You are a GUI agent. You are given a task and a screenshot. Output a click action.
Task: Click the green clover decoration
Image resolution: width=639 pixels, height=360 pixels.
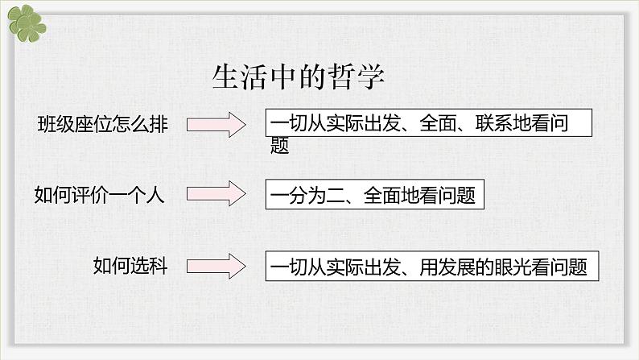click(27, 23)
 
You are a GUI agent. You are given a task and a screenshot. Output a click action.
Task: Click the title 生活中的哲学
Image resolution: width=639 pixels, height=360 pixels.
click(298, 77)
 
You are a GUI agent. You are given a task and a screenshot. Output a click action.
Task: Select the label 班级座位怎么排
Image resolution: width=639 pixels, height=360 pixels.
click(102, 124)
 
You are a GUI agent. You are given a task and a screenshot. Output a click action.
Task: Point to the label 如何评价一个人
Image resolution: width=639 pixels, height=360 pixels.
click(100, 194)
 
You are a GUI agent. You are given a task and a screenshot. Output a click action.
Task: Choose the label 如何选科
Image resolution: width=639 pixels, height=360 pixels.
click(130, 266)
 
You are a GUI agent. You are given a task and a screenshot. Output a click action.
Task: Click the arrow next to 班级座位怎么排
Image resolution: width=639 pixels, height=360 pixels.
click(216, 124)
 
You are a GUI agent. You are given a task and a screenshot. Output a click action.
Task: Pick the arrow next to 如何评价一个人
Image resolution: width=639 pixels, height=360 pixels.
click(216, 193)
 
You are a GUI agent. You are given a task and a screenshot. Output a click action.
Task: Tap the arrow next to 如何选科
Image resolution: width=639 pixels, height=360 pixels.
click(216, 267)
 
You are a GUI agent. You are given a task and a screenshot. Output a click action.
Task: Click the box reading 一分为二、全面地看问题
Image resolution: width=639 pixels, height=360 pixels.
click(375, 194)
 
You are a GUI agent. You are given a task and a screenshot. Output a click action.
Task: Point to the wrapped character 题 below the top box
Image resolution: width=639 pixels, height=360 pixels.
click(279, 146)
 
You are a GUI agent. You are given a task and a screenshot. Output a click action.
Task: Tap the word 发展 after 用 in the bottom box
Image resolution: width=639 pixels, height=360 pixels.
click(456, 267)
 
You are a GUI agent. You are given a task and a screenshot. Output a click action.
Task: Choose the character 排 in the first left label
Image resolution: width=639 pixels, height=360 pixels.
click(159, 124)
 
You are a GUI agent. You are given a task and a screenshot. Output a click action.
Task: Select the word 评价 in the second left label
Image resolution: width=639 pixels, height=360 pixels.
click(90, 194)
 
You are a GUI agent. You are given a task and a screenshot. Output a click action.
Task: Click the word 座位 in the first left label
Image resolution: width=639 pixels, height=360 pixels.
click(93, 124)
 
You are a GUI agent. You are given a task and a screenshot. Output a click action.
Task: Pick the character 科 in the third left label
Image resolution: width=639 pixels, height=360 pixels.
click(159, 266)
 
